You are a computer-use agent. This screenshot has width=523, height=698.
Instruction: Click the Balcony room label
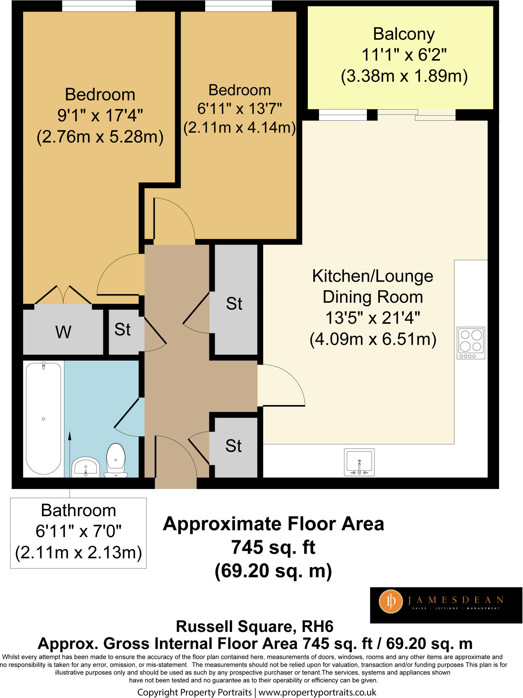[404, 34]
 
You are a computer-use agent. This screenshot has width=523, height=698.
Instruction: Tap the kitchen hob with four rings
[471, 343]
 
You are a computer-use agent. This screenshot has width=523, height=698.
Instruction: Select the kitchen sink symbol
[359, 462]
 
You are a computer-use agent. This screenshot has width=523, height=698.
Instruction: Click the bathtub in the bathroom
[44, 419]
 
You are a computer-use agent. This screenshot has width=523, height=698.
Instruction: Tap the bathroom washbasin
[86, 467]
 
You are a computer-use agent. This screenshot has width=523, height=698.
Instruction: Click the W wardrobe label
[63, 332]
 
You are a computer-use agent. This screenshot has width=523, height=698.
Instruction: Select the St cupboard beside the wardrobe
[123, 330]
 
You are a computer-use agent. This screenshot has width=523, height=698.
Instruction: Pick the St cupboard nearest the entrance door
[234, 446]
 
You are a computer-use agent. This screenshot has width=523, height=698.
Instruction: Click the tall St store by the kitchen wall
[234, 303]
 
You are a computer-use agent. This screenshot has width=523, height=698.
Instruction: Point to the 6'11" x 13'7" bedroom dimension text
[240, 109]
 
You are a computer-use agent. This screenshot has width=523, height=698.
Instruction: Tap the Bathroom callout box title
[78, 511]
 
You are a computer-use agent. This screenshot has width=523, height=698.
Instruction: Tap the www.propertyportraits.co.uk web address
[317, 692]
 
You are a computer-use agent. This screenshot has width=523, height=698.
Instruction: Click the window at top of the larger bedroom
[99, 6]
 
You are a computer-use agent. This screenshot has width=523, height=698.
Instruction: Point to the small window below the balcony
[343, 115]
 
